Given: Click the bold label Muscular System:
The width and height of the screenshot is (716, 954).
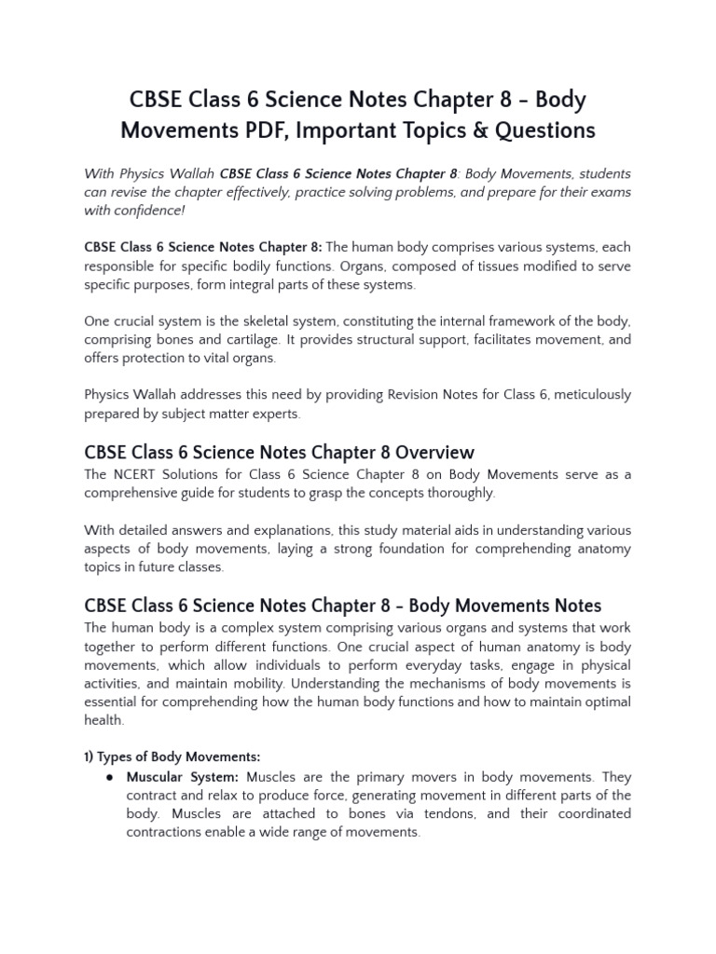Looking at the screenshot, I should [x=183, y=777].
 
